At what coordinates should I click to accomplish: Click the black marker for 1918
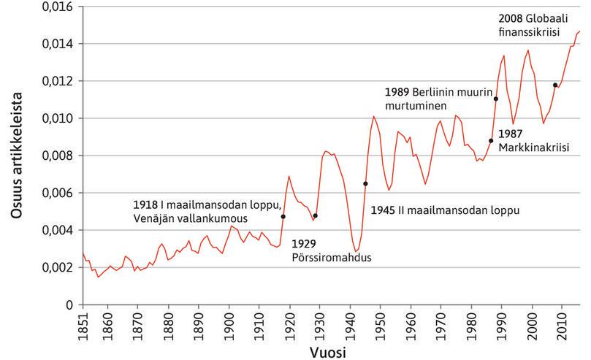click(283, 217)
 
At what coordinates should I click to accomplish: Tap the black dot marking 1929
click(315, 215)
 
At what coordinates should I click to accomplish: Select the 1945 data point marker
click(365, 183)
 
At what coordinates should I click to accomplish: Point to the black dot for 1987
click(491, 141)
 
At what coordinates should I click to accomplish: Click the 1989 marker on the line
click(496, 99)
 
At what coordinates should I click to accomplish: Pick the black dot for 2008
click(555, 85)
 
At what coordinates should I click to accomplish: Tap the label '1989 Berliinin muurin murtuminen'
click(436, 99)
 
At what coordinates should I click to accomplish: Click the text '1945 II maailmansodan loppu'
click(444, 210)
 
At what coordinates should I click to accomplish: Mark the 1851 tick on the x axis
click(83, 323)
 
